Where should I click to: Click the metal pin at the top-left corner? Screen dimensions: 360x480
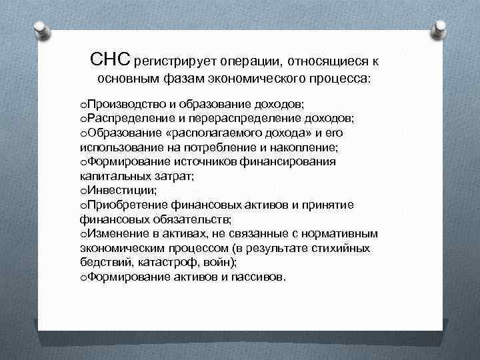coord(39,27)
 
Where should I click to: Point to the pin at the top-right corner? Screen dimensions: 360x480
coord(441,27)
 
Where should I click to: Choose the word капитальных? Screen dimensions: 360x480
coord(113,175)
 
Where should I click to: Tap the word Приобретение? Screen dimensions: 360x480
coord(126,204)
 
